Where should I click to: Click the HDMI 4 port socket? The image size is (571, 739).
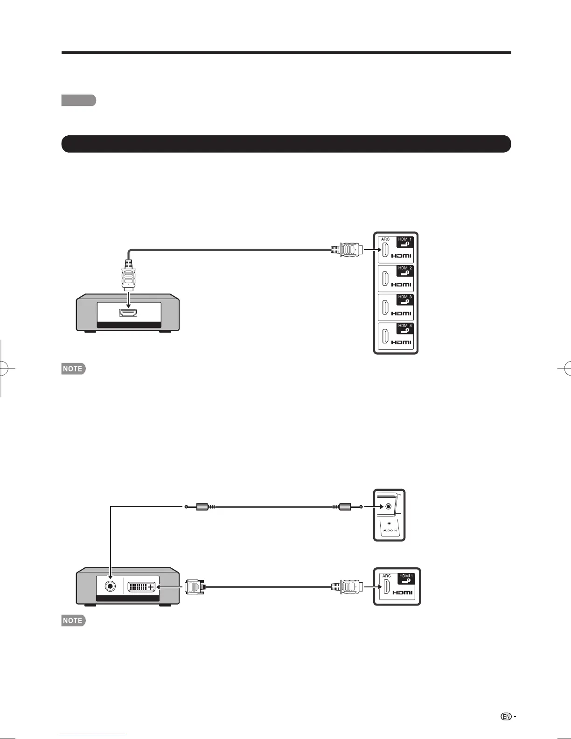tap(385, 336)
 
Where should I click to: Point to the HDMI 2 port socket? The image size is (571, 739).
tap(385, 279)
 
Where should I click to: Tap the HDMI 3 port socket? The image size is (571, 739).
tap(385, 307)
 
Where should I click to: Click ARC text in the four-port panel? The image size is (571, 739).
tap(385, 239)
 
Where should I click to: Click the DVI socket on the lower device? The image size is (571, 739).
tap(141, 587)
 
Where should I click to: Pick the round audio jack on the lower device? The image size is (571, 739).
tap(110, 586)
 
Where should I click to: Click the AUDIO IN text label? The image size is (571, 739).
tap(390, 530)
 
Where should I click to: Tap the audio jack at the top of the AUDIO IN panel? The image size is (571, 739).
tap(389, 507)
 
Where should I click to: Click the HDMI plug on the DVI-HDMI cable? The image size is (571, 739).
tap(347, 586)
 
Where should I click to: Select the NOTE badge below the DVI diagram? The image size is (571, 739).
tap(73, 620)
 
